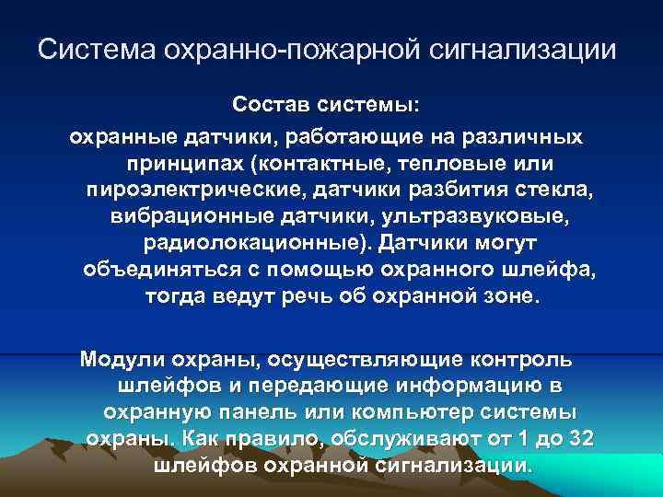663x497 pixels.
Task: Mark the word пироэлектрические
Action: click(195, 191)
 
